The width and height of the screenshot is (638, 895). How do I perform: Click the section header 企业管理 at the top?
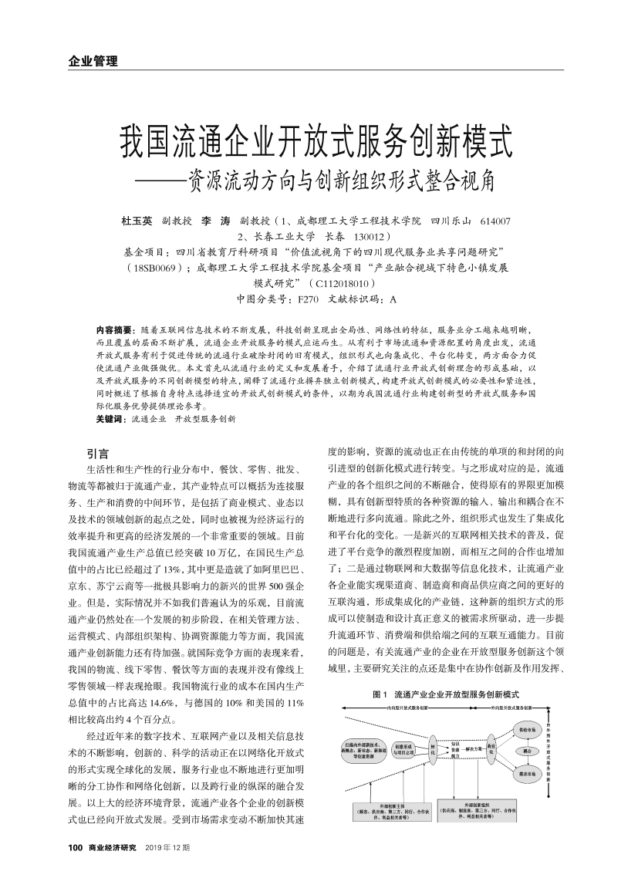tap(87, 61)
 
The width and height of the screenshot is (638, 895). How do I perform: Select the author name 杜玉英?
tap(137, 221)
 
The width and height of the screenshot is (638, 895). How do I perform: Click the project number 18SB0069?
tap(154, 267)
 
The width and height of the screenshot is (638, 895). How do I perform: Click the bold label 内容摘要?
tap(113, 329)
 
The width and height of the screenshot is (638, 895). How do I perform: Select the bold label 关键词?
tap(110, 419)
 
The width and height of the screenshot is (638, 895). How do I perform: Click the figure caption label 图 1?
tap(380, 694)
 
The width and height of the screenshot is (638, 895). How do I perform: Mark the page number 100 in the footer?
tap(75, 848)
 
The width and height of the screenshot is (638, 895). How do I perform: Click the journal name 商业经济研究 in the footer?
tap(112, 848)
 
